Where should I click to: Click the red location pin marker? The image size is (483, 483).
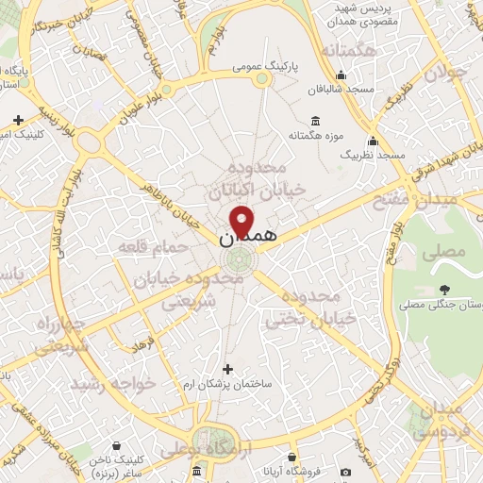(242, 221)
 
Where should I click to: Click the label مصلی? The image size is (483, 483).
(449, 252)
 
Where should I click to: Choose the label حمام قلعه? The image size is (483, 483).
(145, 247)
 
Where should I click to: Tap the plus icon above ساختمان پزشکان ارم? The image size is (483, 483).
(226, 369)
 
